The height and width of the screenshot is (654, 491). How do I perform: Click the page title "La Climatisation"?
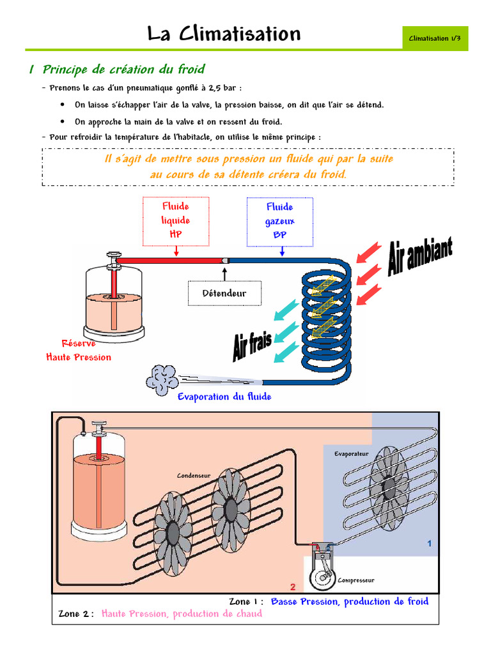point(223,34)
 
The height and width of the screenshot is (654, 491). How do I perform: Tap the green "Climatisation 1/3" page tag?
point(435,39)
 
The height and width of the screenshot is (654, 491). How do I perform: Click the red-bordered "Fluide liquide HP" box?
point(175,221)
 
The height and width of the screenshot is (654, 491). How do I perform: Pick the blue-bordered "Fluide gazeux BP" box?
point(279,221)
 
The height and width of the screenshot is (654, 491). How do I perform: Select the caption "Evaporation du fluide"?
point(224,397)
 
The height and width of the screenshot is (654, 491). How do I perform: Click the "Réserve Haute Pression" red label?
point(78,350)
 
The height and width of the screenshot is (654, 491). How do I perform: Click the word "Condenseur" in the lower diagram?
point(194,476)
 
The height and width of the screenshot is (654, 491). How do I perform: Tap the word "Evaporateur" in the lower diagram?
point(351,454)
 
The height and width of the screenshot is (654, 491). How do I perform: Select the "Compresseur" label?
point(355,581)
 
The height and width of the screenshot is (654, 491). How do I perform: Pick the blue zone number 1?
point(430,544)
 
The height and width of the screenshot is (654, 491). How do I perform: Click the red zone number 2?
point(293,586)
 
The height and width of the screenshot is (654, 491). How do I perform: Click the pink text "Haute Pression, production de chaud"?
point(182,614)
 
